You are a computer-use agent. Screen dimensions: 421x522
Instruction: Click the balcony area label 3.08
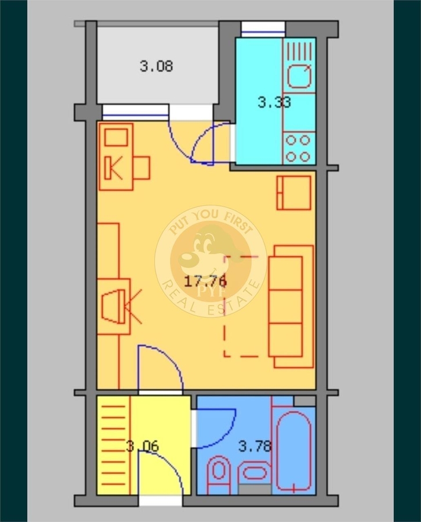coord(156,67)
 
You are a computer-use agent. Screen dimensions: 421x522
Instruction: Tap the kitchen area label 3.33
coord(274,102)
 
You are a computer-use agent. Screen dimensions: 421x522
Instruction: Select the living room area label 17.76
coord(206,282)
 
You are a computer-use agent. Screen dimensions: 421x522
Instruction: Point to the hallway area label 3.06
coord(143,446)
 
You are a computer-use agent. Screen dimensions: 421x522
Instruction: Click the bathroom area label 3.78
coord(255,446)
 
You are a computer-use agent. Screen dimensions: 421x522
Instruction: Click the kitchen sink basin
coord(299,76)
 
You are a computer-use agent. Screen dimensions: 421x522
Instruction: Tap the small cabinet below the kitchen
coord(293,193)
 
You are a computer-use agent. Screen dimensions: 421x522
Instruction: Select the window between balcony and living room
coord(135,112)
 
